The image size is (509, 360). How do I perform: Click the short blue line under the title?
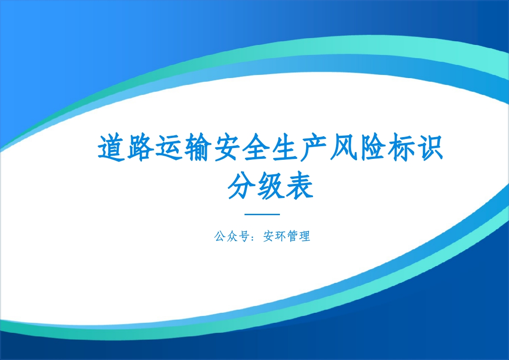262,214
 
